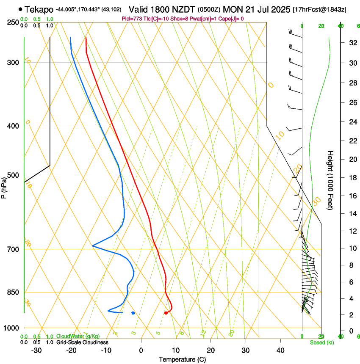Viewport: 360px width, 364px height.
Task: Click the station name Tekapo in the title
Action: pyautogui.click(x=39, y=9)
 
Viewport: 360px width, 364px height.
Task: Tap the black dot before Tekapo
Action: pyautogui.click(x=20, y=9)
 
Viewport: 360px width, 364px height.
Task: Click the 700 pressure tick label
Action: pyautogui.click(x=12, y=249)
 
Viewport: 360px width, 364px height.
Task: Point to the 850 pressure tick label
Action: pyautogui.click(x=12, y=292)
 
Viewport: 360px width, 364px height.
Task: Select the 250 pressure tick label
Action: pyautogui.click(x=12, y=22)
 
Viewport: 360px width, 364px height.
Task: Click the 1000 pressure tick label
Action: pyautogui.click(x=11, y=328)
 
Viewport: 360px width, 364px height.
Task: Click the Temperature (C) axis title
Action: pyautogui.click(x=182, y=359)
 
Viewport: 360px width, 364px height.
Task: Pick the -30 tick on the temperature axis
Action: pyautogui.click(x=36, y=350)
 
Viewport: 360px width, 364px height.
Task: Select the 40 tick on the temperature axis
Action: pyautogui.click(x=280, y=350)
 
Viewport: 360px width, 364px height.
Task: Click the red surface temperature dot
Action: pyautogui.click(x=166, y=313)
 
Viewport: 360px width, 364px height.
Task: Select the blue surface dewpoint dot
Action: pyautogui.click(x=133, y=313)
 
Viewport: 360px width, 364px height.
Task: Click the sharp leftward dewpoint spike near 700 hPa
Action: pyautogui.click(x=93, y=245)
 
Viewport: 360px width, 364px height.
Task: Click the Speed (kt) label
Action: pyautogui.click(x=322, y=342)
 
